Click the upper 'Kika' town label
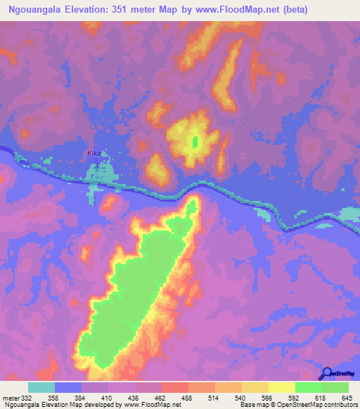[x=95, y=152]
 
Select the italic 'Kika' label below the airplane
[x=96, y=178]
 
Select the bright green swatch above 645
[x=335, y=387]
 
